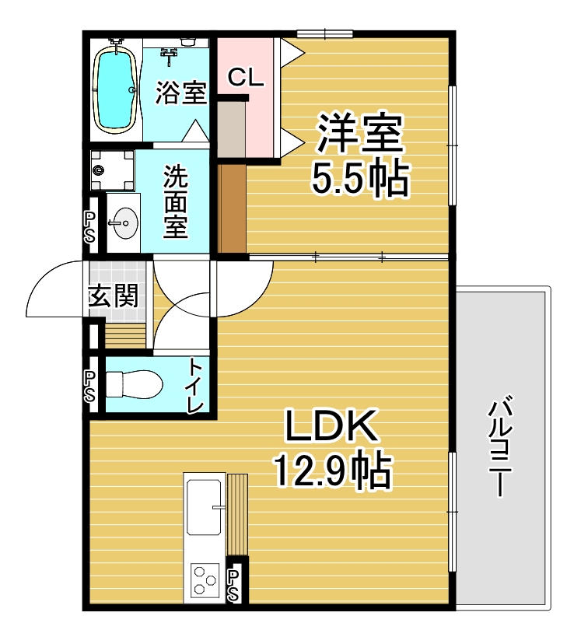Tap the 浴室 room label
(x=180, y=93)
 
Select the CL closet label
(x=246, y=77)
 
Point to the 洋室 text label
(x=360, y=132)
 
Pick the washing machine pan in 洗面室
(x=113, y=170)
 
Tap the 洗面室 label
(x=176, y=202)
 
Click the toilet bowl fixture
(x=134, y=384)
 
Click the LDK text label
(x=331, y=425)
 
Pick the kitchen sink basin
(x=205, y=507)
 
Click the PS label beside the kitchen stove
(x=233, y=586)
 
